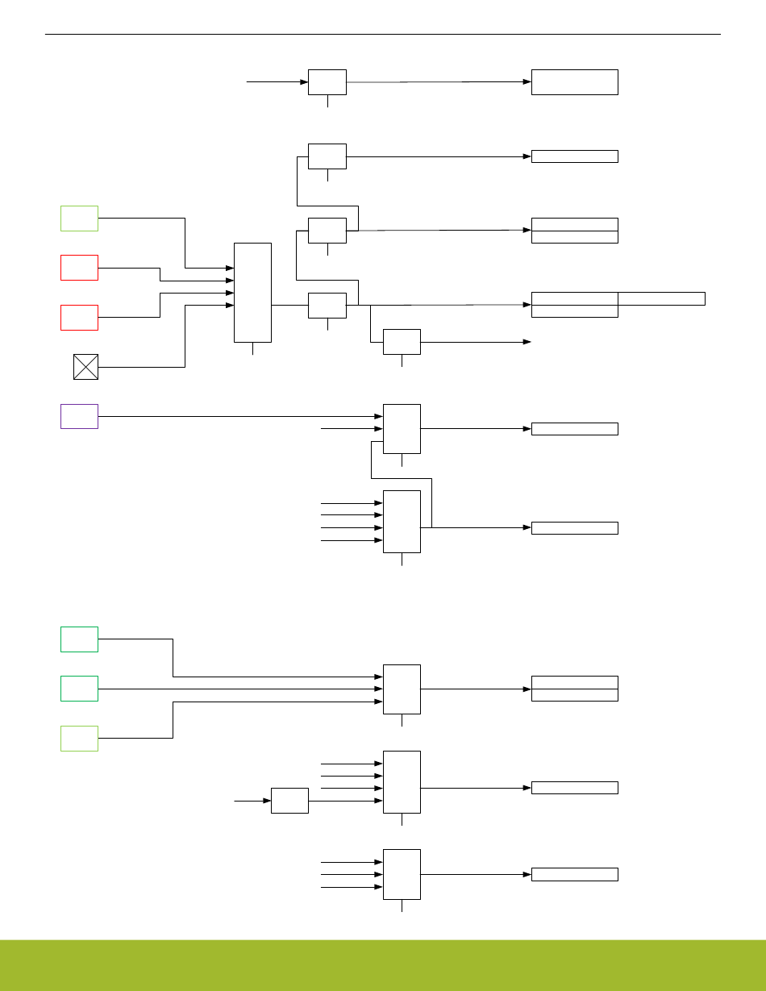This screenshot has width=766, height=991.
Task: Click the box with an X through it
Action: pos(85,367)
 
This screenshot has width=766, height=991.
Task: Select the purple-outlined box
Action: pos(79,416)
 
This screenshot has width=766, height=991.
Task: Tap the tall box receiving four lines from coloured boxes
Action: pos(252,292)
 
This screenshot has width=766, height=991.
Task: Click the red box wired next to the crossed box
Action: pos(79,317)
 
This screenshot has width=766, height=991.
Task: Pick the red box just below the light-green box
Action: pos(79,268)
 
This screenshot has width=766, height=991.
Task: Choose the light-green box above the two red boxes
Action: pos(79,218)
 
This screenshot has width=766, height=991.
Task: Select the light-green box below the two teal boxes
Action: pos(79,738)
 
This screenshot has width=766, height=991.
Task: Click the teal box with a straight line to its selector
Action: pos(79,689)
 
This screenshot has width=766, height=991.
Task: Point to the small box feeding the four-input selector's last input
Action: pos(289,801)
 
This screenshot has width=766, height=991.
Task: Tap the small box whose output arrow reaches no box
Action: pos(402,342)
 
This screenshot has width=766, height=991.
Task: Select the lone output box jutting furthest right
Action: pos(661,298)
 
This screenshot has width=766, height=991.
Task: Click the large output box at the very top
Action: pos(574,82)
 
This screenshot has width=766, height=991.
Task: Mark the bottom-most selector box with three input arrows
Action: pos(402,874)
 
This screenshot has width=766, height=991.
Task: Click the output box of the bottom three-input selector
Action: pos(574,874)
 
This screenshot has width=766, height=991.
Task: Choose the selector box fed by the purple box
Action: pos(402,428)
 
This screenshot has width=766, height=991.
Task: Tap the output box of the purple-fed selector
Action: pos(574,429)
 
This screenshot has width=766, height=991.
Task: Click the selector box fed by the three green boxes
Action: pos(402,689)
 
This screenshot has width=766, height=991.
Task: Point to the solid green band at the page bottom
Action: pos(383,964)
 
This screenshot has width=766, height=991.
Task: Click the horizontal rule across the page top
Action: pos(383,35)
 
